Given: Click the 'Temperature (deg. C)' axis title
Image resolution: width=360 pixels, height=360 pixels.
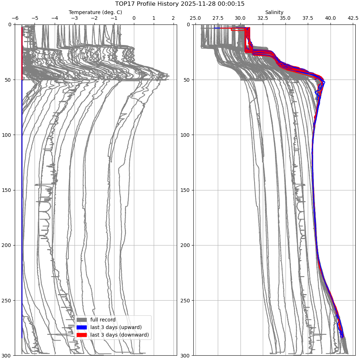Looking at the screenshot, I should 95,12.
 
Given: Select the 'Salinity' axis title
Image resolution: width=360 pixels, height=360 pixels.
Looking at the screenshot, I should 274,12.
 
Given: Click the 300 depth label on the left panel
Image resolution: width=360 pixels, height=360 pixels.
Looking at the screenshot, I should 8,356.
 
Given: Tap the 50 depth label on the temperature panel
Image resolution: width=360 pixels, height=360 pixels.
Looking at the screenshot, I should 9,80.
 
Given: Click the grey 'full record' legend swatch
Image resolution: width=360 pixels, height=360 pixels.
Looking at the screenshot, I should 82,320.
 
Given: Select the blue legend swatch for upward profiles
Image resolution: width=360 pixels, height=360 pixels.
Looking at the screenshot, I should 82,327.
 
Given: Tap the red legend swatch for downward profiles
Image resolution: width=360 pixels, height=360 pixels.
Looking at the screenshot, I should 82,335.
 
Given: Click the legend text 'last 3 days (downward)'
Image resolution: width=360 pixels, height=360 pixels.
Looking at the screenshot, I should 120,335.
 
